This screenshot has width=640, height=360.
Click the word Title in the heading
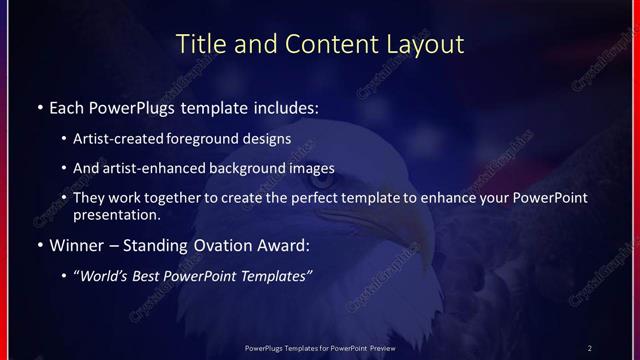199,45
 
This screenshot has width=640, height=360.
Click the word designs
272,138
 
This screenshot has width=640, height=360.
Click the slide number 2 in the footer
590,348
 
